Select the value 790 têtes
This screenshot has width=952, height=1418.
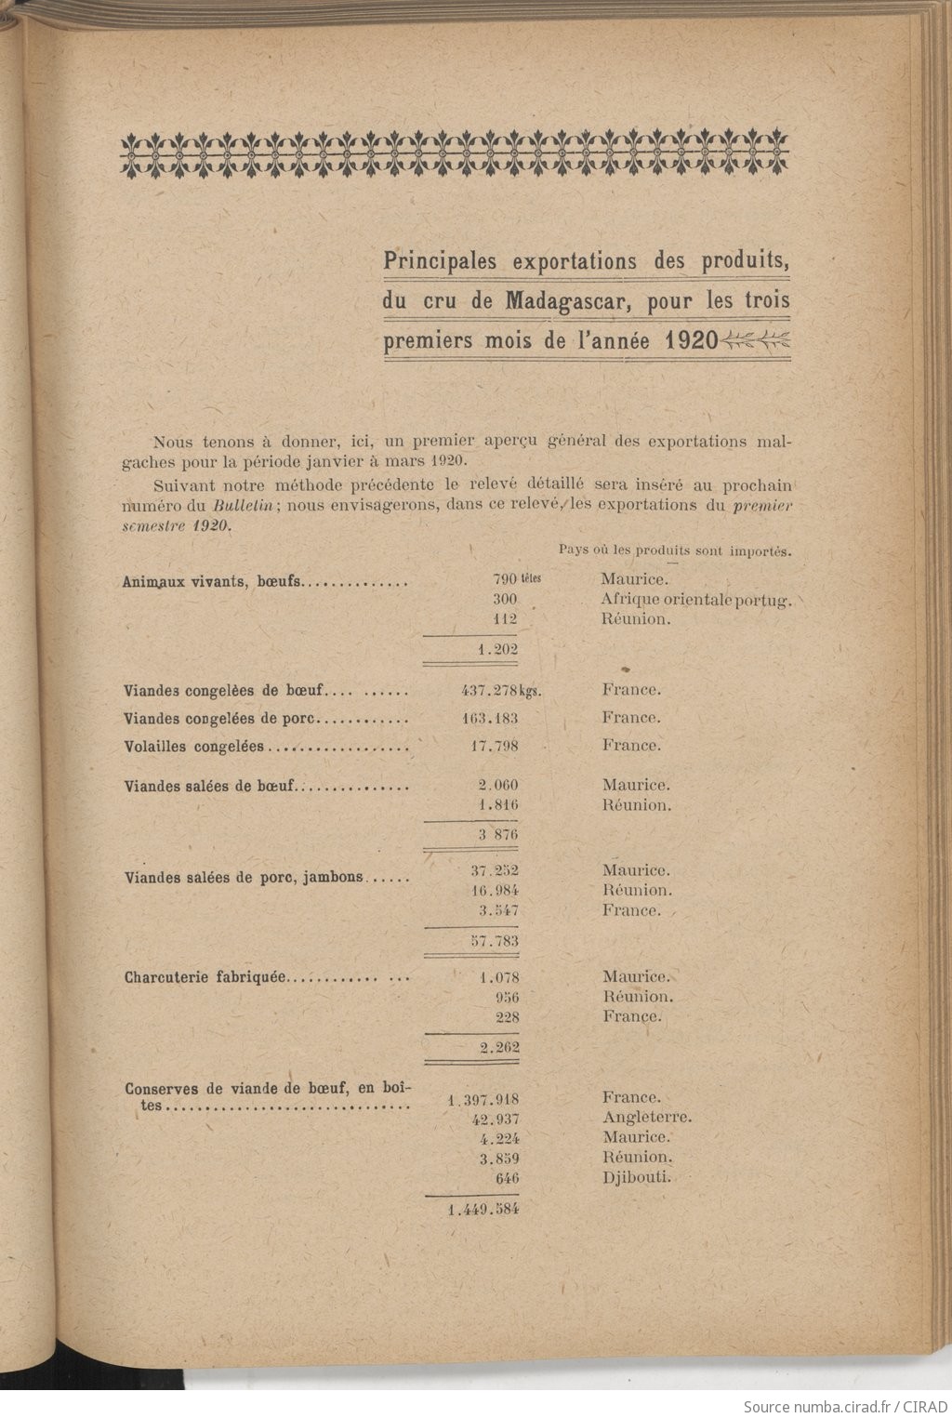click(516, 579)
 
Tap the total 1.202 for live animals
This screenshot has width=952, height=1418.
click(497, 650)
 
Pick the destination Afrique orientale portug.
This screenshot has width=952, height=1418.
click(695, 600)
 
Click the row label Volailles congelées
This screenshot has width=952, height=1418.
click(193, 747)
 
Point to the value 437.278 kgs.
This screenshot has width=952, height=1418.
click(501, 691)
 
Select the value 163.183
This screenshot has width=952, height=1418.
click(490, 719)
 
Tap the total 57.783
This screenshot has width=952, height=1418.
click(495, 941)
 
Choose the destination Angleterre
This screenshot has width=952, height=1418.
click(646, 1118)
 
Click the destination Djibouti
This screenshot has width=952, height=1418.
click(636, 1177)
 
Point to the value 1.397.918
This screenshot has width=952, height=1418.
click(483, 1100)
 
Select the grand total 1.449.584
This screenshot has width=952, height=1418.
click(483, 1210)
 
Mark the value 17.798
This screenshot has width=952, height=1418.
click(495, 746)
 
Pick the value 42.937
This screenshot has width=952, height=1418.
click(496, 1120)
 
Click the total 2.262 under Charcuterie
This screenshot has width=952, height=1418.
click(499, 1048)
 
